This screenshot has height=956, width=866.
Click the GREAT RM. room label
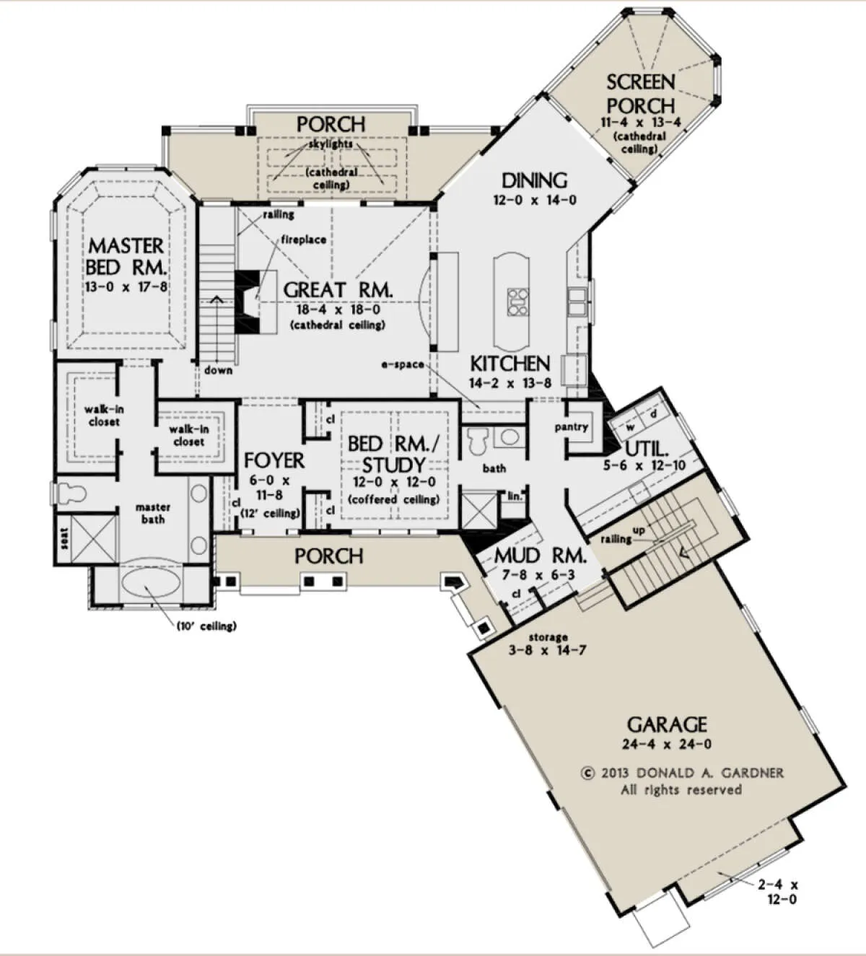[338, 290]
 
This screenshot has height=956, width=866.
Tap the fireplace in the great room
[248, 301]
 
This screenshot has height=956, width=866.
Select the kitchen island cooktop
[517, 302]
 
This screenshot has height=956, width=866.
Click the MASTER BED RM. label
[126, 257]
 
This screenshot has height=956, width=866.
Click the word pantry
[572, 427]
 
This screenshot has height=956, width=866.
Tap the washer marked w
[630, 427]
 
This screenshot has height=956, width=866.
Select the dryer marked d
[654, 413]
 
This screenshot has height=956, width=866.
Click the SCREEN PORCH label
[640, 94]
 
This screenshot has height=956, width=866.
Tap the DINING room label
[535, 180]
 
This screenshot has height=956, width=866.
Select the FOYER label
[274, 460]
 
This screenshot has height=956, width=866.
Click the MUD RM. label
[540, 556]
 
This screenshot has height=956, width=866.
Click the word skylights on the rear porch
[331, 144]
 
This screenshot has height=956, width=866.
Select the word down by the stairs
[219, 370]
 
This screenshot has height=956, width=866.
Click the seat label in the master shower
[64, 538]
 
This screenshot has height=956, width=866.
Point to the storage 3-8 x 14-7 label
[548, 644]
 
